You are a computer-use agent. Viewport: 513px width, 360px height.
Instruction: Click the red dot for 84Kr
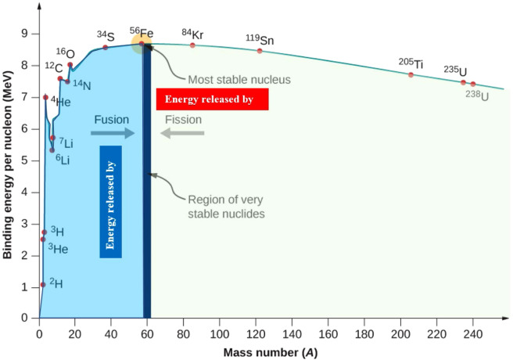pos(192,45)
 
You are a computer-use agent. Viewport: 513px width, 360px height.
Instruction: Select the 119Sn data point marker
pos(260,51)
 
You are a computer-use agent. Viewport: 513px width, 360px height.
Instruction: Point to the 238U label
pos(477,95)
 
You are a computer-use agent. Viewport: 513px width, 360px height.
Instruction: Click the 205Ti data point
pos(411,74)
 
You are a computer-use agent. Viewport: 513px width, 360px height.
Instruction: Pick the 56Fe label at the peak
pos(142,34)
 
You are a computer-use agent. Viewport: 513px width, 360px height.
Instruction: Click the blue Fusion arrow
pos(113,133)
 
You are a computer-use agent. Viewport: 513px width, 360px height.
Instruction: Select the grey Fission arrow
pos(183,133)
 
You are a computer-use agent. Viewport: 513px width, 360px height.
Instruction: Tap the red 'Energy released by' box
pos(213,99)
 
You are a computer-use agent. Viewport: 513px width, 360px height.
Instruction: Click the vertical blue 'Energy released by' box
pos(111,201)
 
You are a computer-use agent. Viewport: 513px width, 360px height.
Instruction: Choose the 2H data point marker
pos(42,285)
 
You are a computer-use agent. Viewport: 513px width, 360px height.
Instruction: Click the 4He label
pos(59,102)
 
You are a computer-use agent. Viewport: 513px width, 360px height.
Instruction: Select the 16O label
pos(65,52)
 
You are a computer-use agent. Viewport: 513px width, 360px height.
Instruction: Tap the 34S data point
pos(106,47)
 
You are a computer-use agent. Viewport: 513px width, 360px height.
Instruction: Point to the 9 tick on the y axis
pos(25,34)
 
